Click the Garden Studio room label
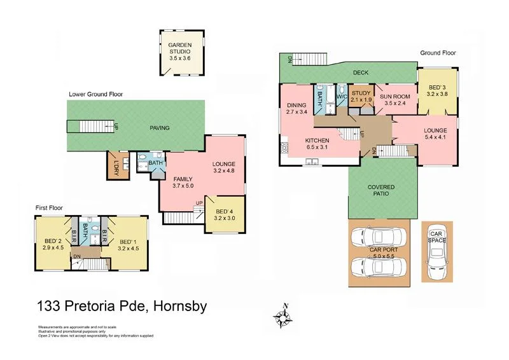(179, 46)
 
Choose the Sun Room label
(393, 97)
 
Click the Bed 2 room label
(52, 242)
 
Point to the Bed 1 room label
(129, 242)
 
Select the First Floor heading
(53, 207)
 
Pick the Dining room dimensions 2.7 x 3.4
(296, 112)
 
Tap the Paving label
(160, 128)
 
